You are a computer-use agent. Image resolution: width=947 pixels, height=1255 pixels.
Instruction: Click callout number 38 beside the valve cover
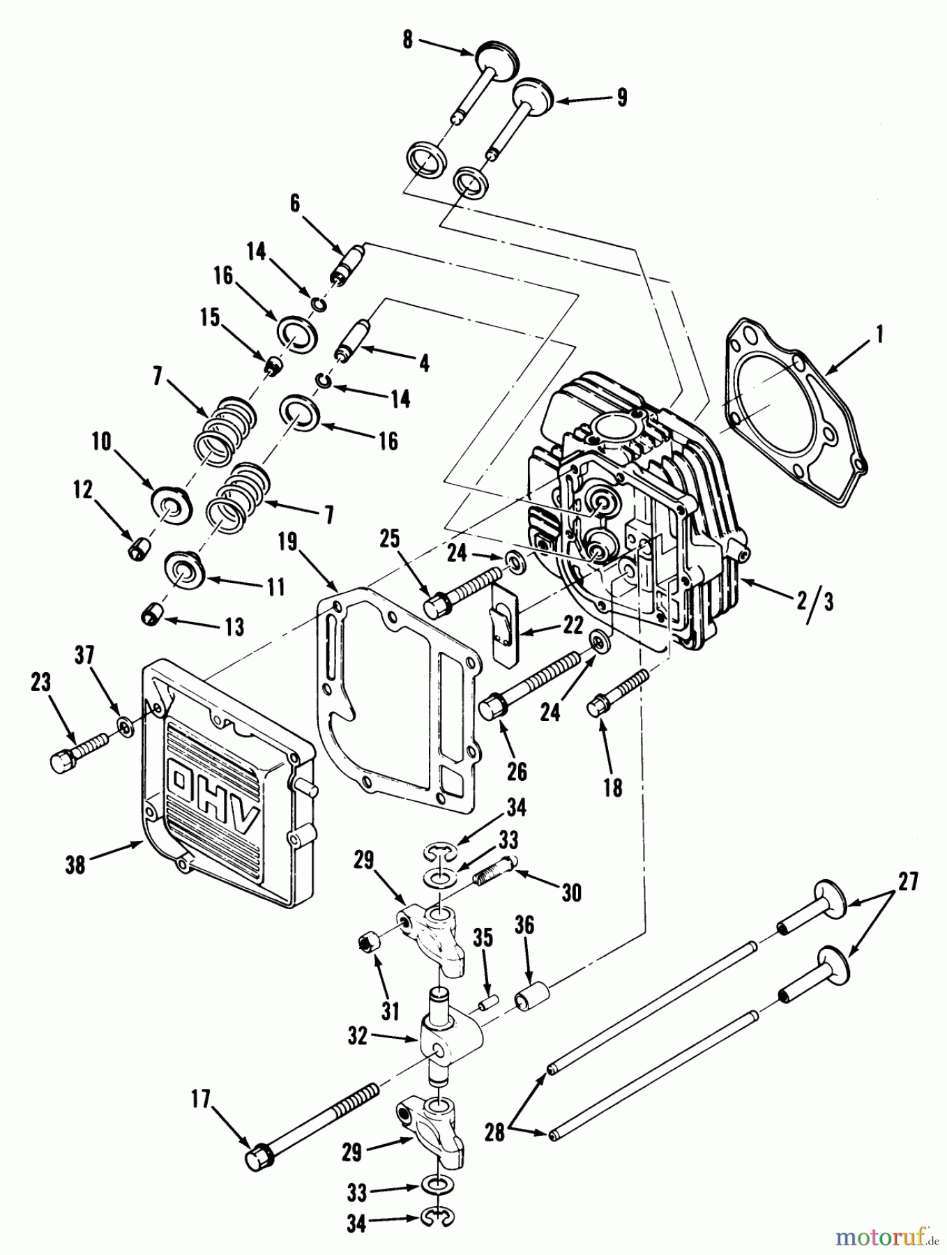pyautogui.click(x=75, y=865)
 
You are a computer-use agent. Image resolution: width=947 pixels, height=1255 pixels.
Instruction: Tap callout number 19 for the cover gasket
pyautogui.click(x=291, y=542)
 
